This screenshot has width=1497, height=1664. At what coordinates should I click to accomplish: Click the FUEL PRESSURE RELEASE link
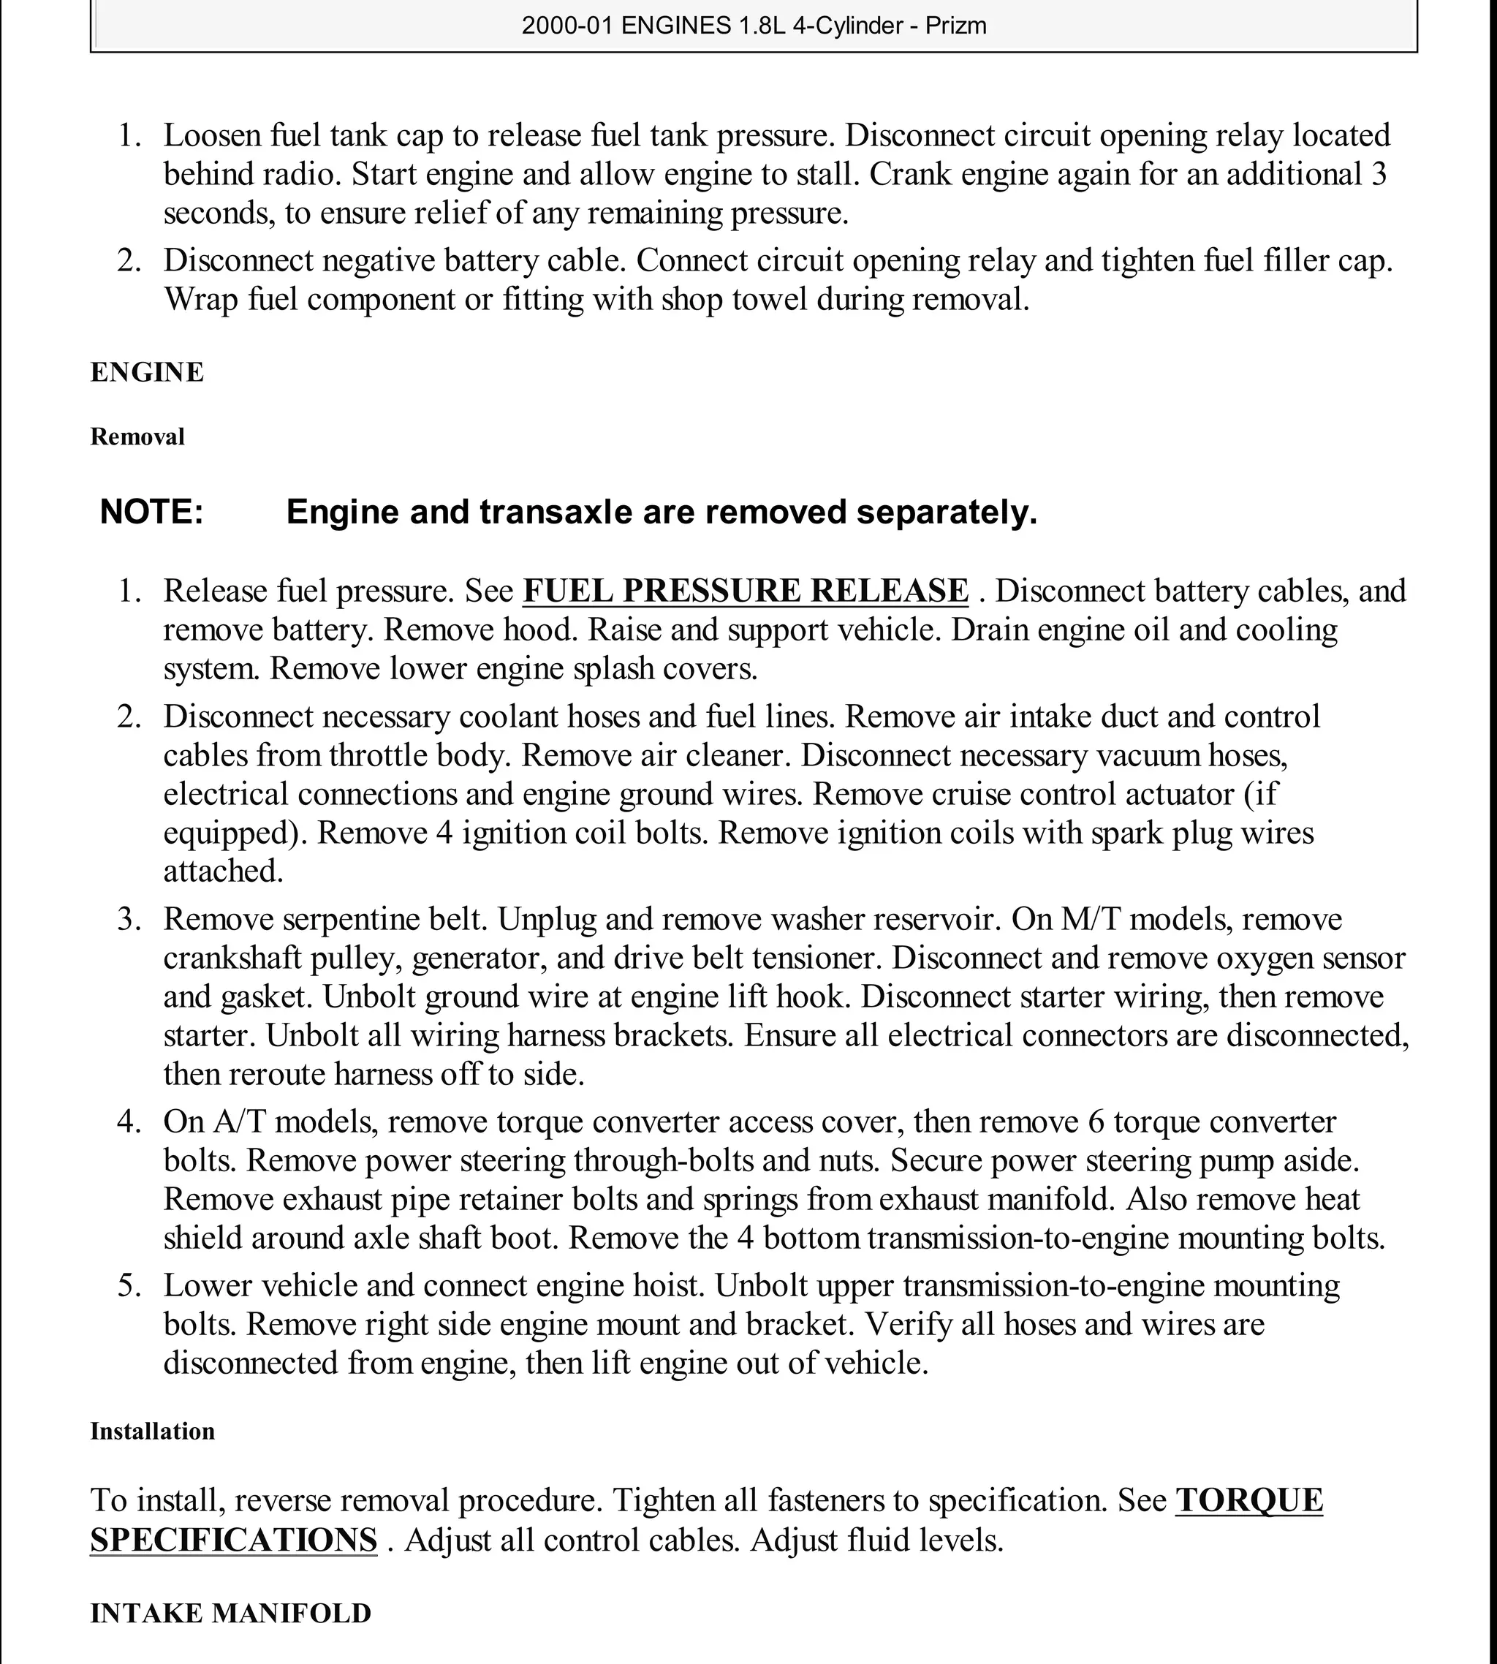click(x=745, y=591)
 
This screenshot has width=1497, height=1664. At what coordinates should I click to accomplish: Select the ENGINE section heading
click(x=147, y=372)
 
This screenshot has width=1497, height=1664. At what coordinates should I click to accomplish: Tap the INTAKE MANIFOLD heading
click(x=230, y=1613)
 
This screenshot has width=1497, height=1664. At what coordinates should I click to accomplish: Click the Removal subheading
click(x=137, y=436)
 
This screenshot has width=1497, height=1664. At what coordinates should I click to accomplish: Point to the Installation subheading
click(x=152, y=1432)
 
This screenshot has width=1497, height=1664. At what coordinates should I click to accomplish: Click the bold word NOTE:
click(x=151, y=512)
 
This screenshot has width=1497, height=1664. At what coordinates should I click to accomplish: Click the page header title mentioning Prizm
click(x=754, y=26)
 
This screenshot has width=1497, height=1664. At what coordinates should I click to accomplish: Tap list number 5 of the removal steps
click(x=130, y=1285)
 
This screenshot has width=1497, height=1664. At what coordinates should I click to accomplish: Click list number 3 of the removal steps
click(x=130, y=919)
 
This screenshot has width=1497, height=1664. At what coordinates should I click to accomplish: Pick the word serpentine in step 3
click(x=341, y=919)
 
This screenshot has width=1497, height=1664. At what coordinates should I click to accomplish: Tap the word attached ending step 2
click(x=223, y=871)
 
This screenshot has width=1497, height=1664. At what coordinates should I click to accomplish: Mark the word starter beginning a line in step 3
click(x=209, y=1035)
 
